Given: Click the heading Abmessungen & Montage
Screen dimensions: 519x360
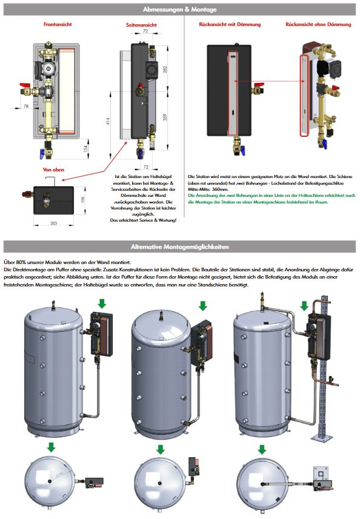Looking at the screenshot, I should [x=179, y=10].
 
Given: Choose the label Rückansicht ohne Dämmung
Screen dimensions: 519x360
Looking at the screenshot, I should [x=318, y=25].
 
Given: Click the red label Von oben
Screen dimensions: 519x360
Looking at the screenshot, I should [x=53, y=170].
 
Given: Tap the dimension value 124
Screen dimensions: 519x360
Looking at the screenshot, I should [x=85, y=147].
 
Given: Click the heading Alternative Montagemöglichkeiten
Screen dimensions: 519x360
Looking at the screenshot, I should [x=179, y=247].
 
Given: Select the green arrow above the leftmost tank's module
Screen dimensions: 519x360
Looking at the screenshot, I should [x=101, y=302].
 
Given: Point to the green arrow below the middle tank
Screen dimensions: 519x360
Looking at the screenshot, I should [x=160, y=449].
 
